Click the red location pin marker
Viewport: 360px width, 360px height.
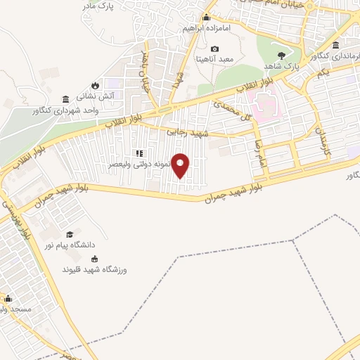coord(181,165)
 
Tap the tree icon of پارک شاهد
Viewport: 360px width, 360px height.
coord(282,55)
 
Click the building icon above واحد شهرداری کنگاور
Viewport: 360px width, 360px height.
coord(66,99)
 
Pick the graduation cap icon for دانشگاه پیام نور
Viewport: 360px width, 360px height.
coord(69,234)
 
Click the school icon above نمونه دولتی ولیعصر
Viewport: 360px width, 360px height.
coord(139,153)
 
